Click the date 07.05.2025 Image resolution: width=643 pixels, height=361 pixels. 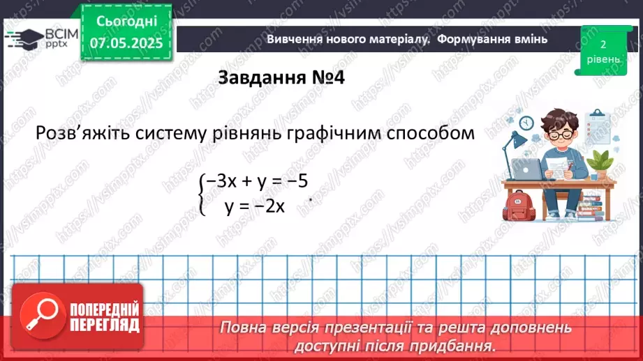[126, 43]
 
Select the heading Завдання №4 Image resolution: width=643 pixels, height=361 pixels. [281, 77]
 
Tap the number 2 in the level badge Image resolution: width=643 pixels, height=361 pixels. [602, 44]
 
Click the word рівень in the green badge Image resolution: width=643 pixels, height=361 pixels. [602, 59]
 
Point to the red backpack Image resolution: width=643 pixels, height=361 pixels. [519, 206]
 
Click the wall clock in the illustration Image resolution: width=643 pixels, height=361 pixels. [526, 123]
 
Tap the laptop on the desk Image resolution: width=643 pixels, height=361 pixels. [529, 168]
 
